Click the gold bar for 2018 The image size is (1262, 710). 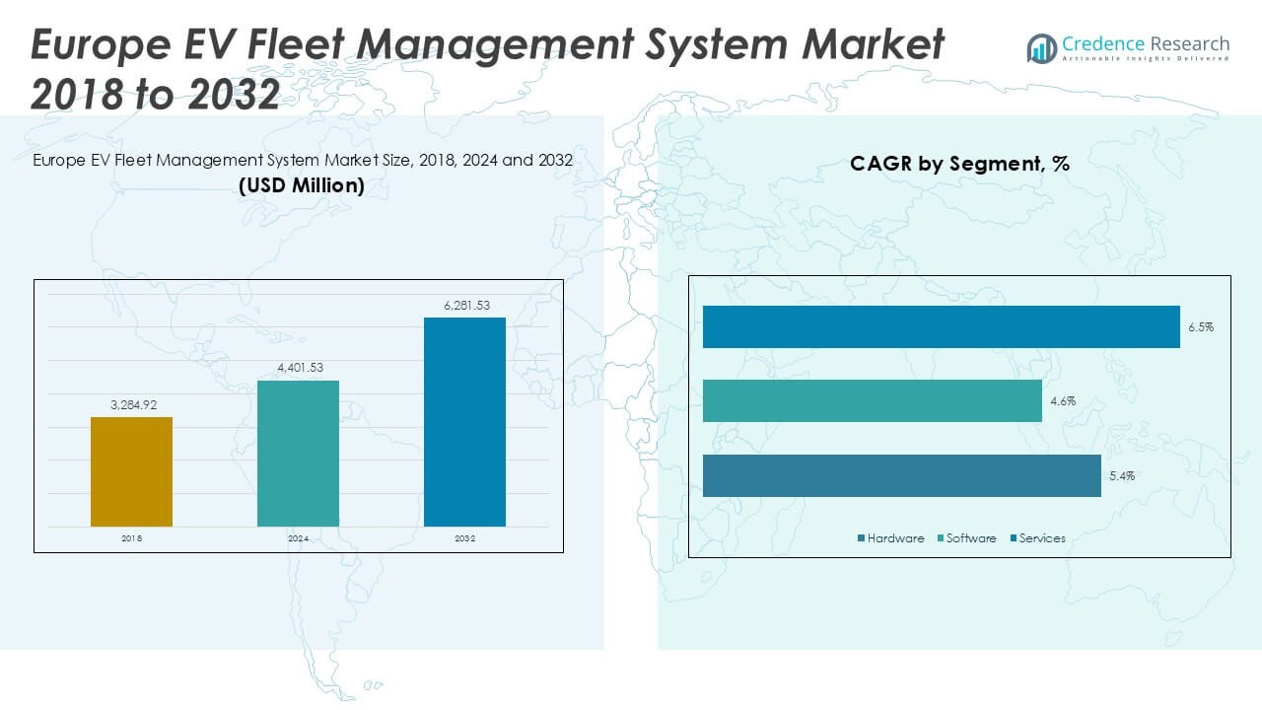point(131,471)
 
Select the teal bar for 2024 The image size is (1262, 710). point(298,454)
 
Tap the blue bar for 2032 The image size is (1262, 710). point(464,422)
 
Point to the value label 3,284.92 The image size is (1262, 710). point(131,404)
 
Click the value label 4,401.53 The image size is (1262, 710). point(298,368)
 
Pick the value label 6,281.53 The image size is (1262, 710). point(464,306)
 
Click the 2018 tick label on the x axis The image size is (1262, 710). point(131,539)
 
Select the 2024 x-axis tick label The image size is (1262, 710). point(298,539)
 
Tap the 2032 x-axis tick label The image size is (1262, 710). point(464,539)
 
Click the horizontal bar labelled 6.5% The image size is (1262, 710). point(941,326)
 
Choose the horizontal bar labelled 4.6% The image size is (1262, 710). point(872,401)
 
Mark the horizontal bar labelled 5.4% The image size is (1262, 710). point(901,475)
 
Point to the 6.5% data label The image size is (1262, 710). point(1200,327)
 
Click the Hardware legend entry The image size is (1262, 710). point(895,538)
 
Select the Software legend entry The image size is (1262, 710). point(971,538)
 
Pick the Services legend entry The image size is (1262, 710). point(1042,538)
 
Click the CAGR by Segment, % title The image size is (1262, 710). point(959,165)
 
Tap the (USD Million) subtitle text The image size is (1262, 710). point(302,184)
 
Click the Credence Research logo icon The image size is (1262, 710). point(1042,48)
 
